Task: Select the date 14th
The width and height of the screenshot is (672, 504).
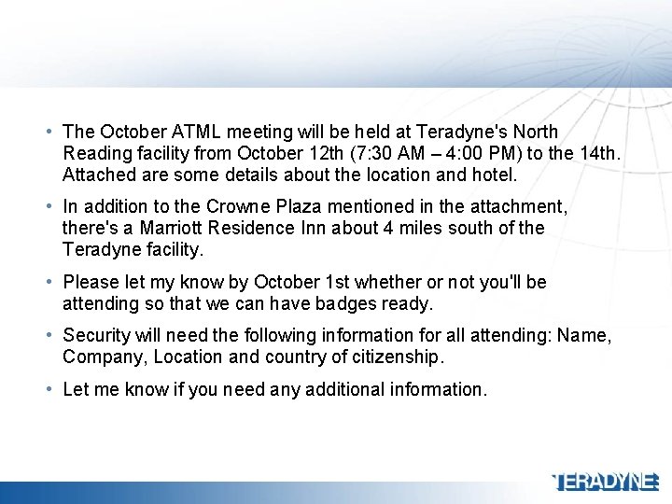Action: click(x=595, y=153)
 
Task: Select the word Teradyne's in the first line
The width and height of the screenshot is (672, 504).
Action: click(x=458, y=132)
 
